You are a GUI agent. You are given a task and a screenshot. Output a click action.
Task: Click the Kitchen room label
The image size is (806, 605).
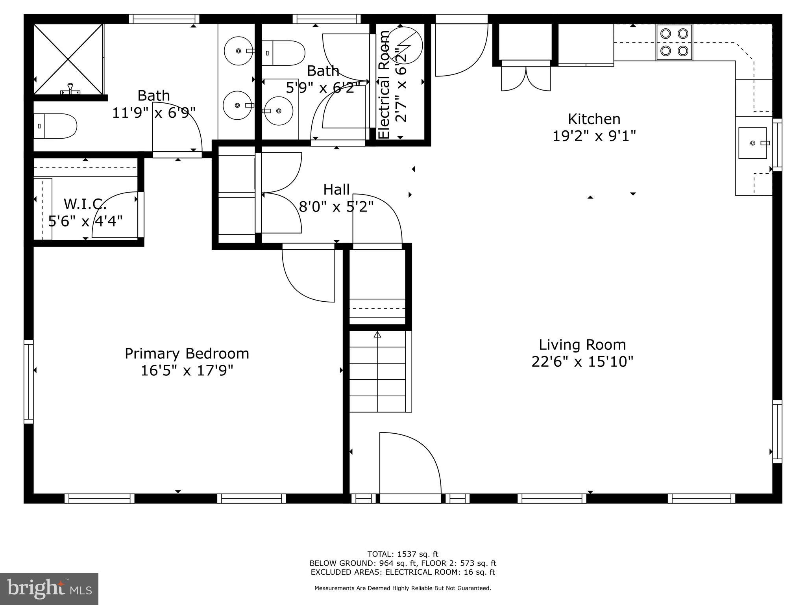coord(594,119)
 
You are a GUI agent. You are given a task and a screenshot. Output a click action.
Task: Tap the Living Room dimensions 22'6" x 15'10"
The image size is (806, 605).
coord(582,361)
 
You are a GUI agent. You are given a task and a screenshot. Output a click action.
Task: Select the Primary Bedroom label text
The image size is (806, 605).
coord(187,353)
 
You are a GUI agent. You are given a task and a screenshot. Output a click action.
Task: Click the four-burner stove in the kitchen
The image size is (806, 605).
coord(674,42)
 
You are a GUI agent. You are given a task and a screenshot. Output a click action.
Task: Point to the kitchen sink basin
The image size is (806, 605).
coord(752,143)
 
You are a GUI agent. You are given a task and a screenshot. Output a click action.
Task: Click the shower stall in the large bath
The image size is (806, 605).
coord(68,59)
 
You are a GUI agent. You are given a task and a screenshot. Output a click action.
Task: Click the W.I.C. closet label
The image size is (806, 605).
coord(85,204)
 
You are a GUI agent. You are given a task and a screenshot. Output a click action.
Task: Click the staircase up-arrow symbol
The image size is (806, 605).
coord(377,335)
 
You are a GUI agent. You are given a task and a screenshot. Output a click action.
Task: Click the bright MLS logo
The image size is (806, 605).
coord(49,588)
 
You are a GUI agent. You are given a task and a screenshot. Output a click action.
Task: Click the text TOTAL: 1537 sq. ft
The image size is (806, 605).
coord(403,554)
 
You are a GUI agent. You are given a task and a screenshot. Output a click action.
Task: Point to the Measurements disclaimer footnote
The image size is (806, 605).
coord(403,588)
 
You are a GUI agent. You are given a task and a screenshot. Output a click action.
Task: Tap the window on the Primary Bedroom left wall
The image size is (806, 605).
coord(29,382)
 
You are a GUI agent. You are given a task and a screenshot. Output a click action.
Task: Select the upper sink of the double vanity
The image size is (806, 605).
coord(238,51)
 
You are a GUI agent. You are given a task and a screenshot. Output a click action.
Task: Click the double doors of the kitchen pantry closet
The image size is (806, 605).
coord(525,77)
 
